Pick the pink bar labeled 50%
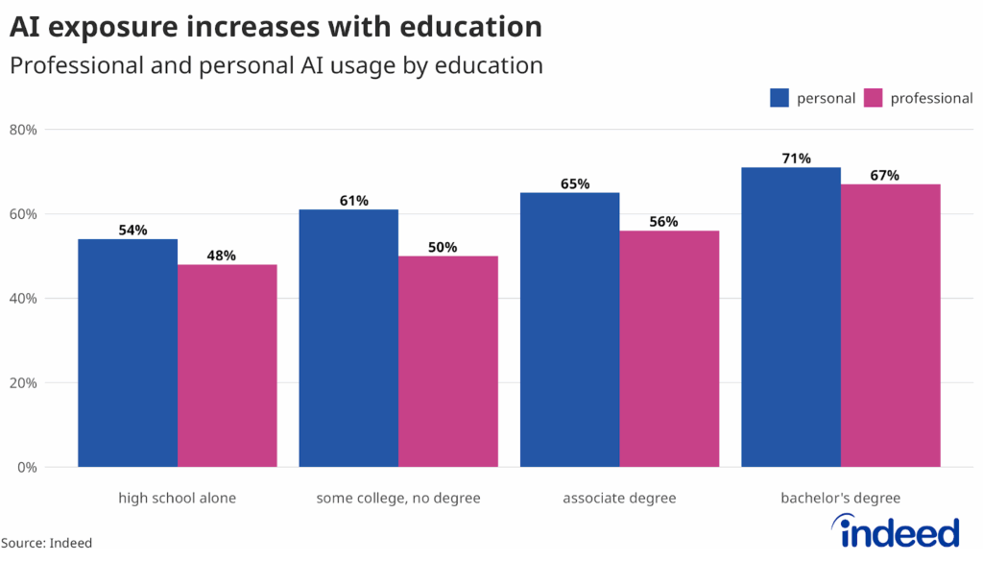pos(448,362)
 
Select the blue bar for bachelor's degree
pos(791,317)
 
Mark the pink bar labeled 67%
pos(891,326)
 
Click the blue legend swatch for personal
pos(779,98)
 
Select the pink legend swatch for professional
pos(873,98)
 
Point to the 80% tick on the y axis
pos(23,130)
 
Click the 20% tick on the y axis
pos(23,383)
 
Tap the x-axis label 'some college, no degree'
pos(398,498)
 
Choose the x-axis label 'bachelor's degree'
pos(840,498)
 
